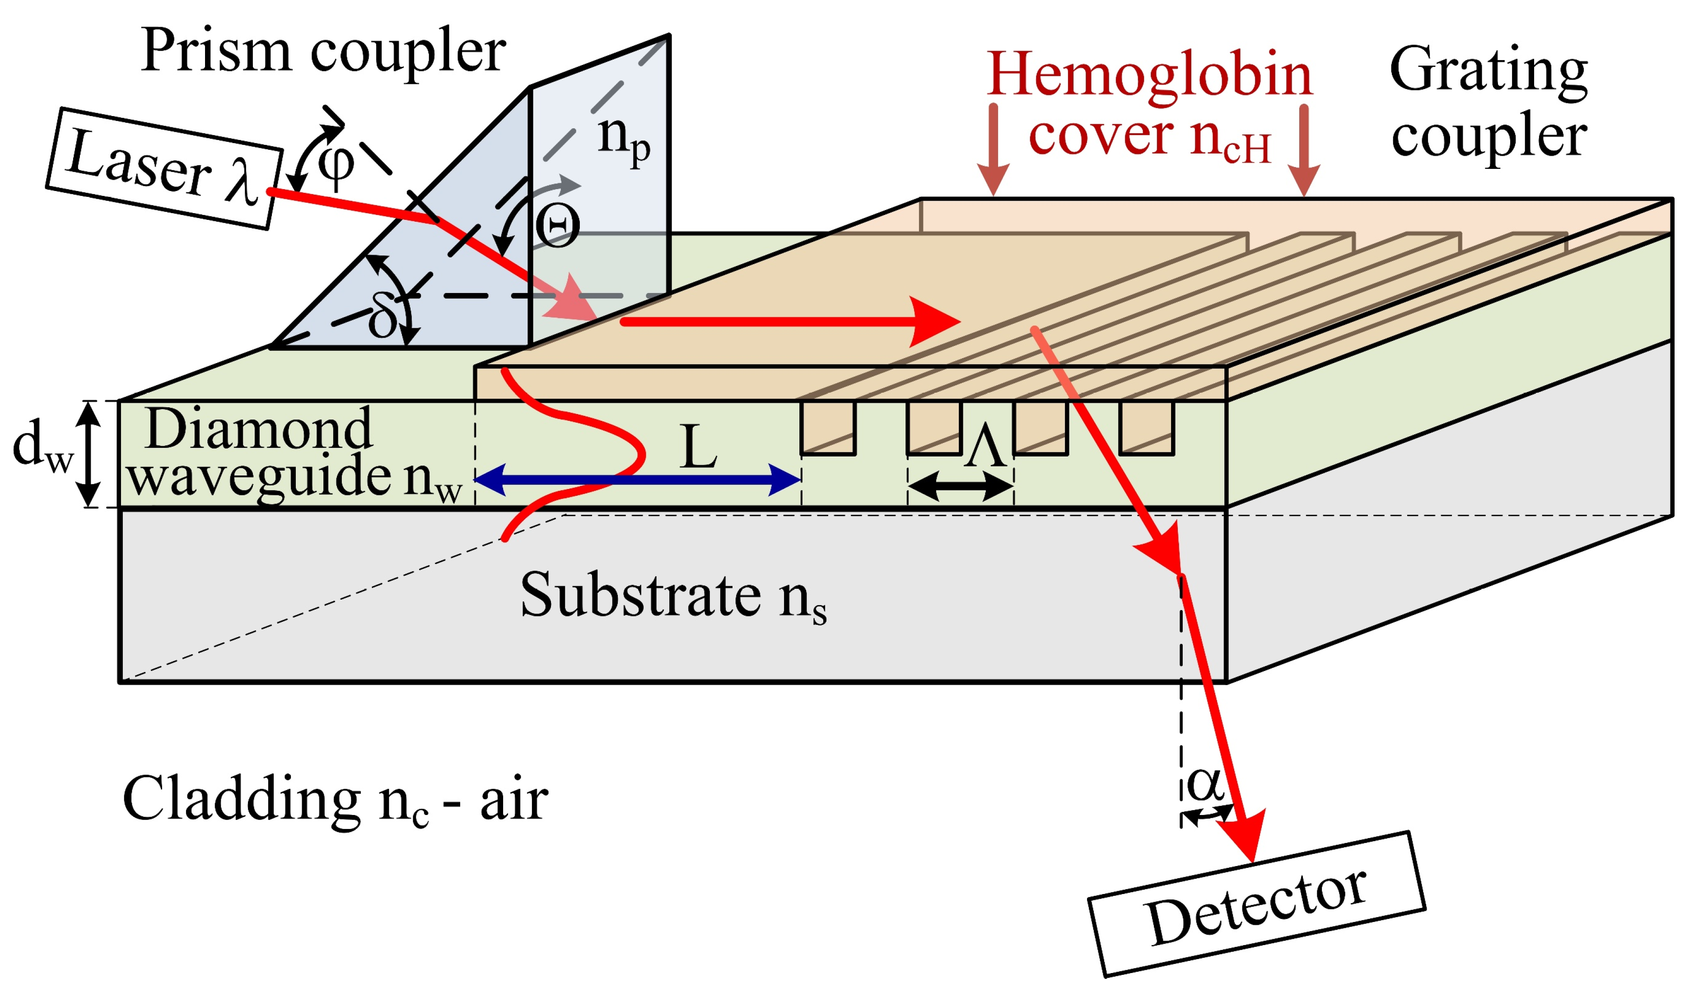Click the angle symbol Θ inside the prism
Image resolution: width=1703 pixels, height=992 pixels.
click(558, 226)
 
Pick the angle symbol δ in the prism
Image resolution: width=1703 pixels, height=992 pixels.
click(383, 317)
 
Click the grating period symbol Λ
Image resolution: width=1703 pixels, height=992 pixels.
click(985, 446)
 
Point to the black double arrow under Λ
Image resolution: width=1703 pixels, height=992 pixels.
click(960, 485)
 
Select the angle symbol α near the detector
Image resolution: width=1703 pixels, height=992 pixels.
click(1205, 784)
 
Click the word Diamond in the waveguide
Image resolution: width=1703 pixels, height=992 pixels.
click(258, 428)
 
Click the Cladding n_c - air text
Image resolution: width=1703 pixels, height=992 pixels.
click(335, 799)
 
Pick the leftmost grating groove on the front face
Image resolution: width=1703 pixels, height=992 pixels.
click(828, 428)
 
